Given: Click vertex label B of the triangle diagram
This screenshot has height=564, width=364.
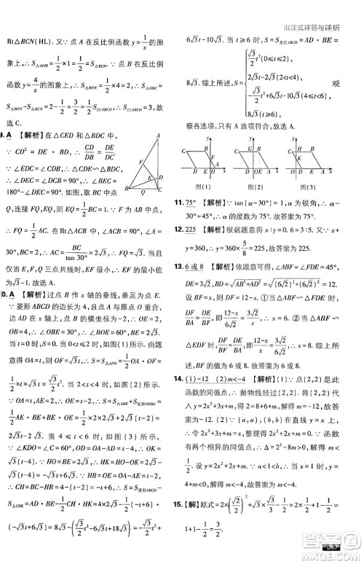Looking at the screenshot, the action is pos(127,189).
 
